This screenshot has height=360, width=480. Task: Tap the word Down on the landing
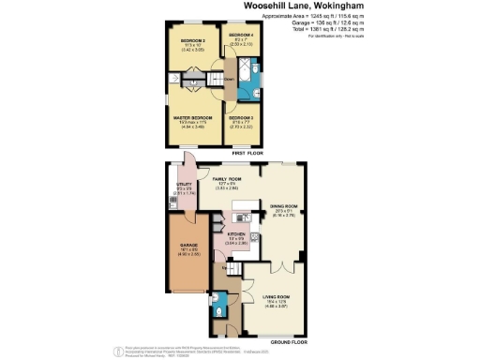point(228,80)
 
